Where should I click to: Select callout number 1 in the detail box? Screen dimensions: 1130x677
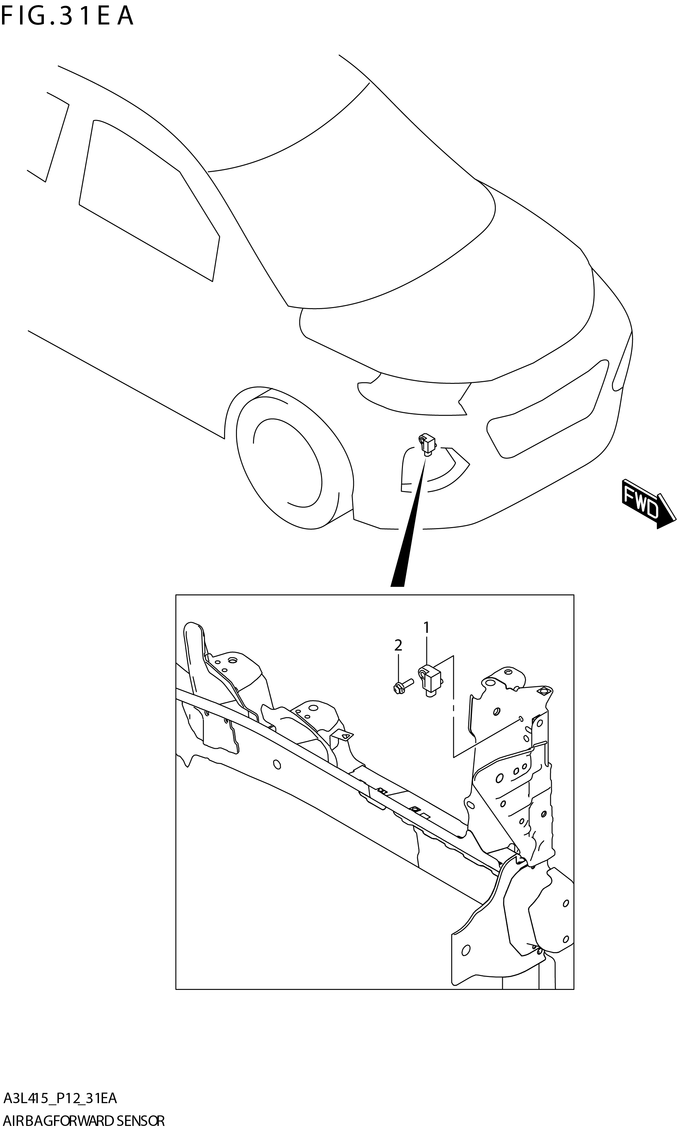click(x=426, y=628)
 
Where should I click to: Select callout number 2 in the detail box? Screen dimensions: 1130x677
click(x=398, y=645)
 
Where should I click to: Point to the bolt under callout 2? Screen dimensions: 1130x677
click(x=402, y=685)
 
